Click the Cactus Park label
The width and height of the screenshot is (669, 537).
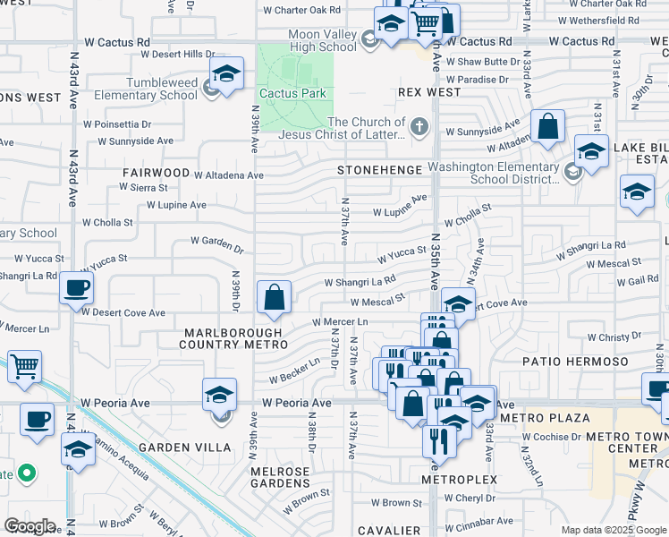click(x=292, y=93)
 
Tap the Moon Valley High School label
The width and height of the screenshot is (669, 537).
click(x=323, y=40)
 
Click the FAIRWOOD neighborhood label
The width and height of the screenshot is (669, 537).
click(x=158, y=173)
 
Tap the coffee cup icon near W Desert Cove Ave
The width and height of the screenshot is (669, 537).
click(x=75, y=289)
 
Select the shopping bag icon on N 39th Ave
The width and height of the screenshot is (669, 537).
click(x=275, y=297)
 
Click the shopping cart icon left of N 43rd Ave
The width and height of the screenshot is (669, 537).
click(x=25, y=366)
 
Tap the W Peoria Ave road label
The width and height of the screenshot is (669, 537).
click(x=296, y=404)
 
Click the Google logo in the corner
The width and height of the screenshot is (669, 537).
click(x=30, y=526)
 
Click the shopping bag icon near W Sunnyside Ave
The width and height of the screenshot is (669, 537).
click(x=547, y=127)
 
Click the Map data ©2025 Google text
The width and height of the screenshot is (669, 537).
click(x=614, y=530)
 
